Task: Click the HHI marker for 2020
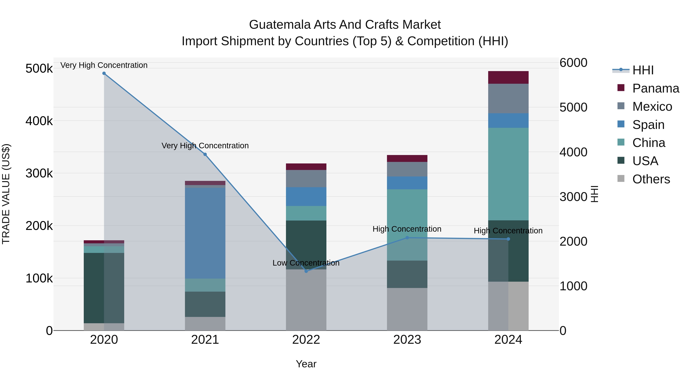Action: click(104, 73)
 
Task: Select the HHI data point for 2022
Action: click(306, 271)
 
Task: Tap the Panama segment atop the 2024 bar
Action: click(508, 77)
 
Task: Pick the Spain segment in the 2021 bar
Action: click(205, 233)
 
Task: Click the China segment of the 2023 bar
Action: click(407, 225)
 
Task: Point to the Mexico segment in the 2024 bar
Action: click(508, 98)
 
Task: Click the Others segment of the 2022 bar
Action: click(306, 300)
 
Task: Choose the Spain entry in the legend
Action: click(648, 125)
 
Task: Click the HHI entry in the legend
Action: click(643, 70)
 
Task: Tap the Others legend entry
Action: click(651, 179)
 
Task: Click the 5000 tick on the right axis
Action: click(573, 107)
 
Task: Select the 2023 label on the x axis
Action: click(407, 340)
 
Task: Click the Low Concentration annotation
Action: click(306, 263)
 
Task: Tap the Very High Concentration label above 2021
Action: click(205, 146)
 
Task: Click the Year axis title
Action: click(306, 364)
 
